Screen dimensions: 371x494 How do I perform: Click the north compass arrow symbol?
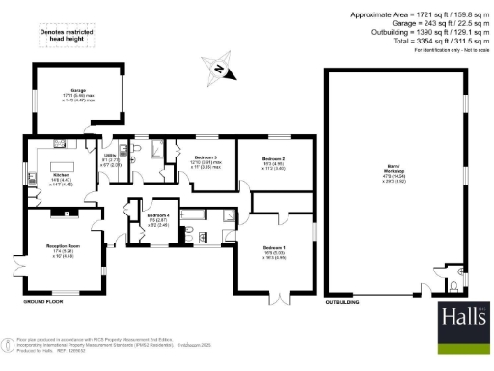tap(219, 69)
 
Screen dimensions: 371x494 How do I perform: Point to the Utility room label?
tap(110, 157)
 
